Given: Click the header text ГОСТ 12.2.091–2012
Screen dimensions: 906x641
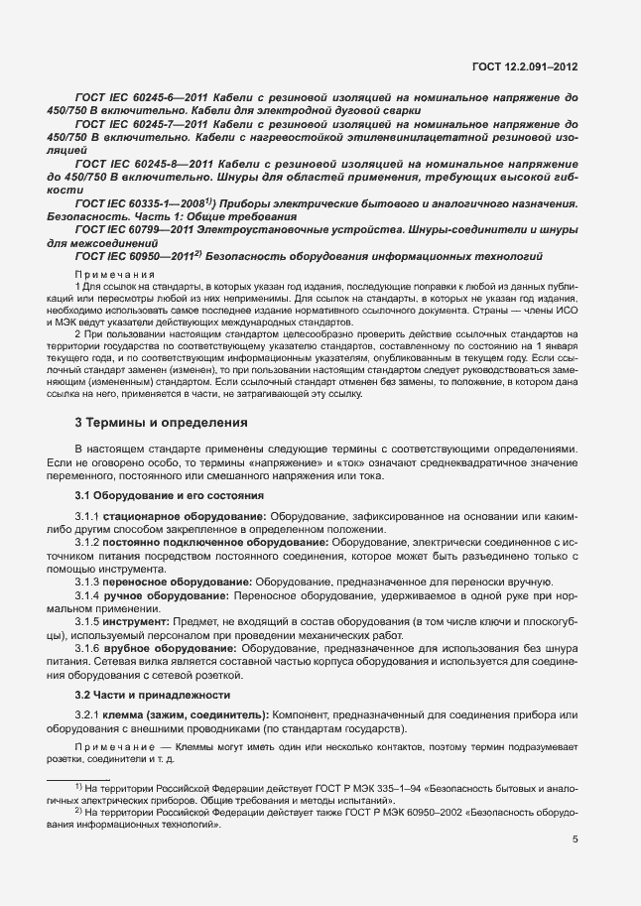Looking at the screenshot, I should click(526, 66).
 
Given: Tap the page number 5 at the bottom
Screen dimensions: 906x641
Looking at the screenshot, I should click(575, 840).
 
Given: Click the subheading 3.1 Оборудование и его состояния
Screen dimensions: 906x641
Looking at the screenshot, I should click(169, 494).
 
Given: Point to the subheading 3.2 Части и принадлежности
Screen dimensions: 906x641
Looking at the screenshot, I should click(153, 695).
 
